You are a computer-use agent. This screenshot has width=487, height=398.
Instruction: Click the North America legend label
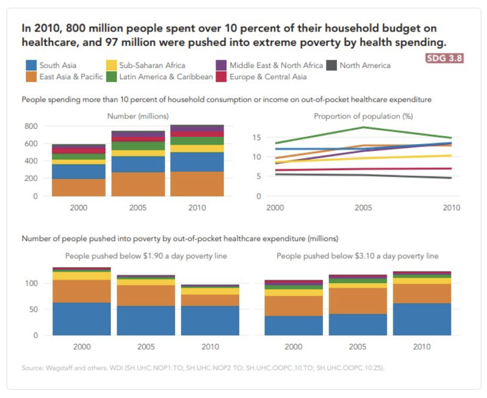click(x=365, y=65)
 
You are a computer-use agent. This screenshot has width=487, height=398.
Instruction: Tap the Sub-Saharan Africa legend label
click(x=152, y=65)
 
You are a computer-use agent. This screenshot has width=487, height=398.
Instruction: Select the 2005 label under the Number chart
click(x=138, y=208)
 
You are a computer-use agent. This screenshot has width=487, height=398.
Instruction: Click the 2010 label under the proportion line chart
click(x=451, y=208)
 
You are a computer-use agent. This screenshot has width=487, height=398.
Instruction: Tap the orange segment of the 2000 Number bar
click(x=79, y=187)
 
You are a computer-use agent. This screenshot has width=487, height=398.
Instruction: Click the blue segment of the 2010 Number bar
click(x=197, y=162)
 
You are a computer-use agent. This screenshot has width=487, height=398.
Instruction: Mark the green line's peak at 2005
click(x=363, y=127)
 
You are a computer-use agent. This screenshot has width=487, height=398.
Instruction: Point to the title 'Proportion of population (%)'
click(x=363, y=116)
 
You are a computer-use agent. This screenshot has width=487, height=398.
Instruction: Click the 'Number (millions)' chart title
click(x=138, y=116)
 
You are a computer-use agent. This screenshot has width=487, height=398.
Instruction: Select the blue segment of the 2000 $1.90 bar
click(x=81, y=319)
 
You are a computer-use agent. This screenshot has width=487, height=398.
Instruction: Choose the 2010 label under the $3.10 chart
click(x=422, y=347)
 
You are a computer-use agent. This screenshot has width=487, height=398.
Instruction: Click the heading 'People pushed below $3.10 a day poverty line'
click(x=358, y=256)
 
